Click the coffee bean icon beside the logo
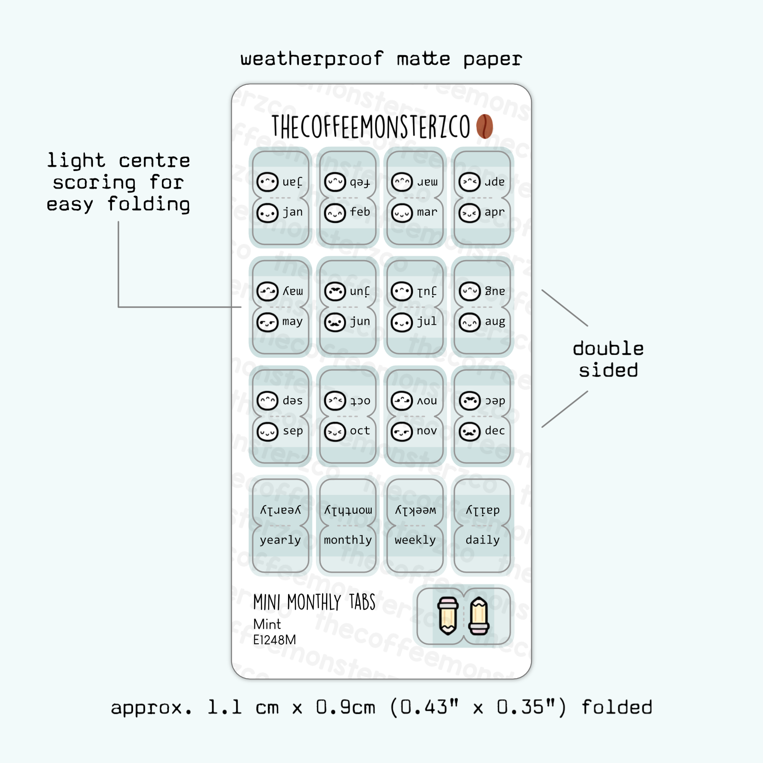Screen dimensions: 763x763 [x=484, y=126]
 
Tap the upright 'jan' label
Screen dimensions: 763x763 [x=293, y=212]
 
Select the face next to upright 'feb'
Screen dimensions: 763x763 [x=335, y=213]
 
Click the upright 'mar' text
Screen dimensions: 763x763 [x=427, y=212]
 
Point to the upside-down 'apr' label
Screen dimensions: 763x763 [x=494, y=182]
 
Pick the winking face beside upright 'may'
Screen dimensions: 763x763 [x=267, y=322]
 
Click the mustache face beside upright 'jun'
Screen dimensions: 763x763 [x=335, y=323]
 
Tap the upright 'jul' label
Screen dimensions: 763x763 [x=427, y=321]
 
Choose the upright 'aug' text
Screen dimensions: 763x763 [x=495, y=322]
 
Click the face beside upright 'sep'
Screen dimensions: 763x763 [x=267, y=431]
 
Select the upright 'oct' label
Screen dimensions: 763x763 [x=360, y=431]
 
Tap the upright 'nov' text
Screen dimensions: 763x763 [x=427, y=431]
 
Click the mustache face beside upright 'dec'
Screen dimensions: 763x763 [x=469, y=431]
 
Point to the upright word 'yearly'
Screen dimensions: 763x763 [x=280, y=540]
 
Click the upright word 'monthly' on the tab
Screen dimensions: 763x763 [x=348, y=540]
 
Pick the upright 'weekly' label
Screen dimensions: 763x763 [x=415, y=540]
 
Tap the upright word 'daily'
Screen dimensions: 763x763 [x=482, y=540]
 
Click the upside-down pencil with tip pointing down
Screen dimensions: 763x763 [x=448, y=616]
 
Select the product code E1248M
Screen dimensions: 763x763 [x=274, y=640]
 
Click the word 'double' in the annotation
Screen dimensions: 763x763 [x=608, y=348]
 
